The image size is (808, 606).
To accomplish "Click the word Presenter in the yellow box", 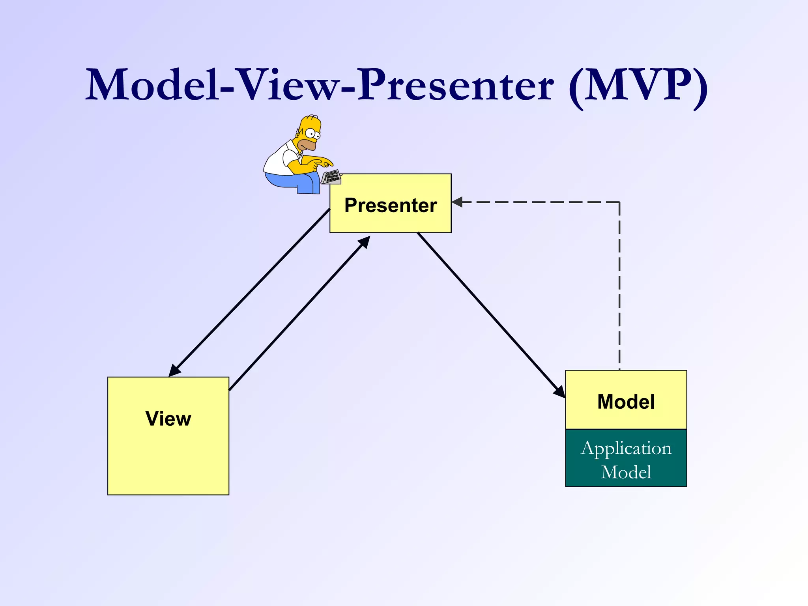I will pyautogui.click(x=391, y=206).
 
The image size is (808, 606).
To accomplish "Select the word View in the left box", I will pyautogui.click(x=168, y=419).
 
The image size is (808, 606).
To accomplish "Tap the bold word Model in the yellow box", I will pyautogui.click(x=626, y=402).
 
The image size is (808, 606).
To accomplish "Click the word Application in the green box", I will pyautogui.click(x=626, y=449).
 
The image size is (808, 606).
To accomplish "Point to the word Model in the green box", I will pyautogui.click(x=626, y=472).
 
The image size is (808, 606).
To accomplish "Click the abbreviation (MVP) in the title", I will pyautogui.click(x=638, y=86).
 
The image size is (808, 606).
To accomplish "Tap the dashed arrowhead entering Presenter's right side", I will pyautogui.click(x=457, y=202).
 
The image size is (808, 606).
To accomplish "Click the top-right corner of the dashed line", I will pyautogui.click(x=619, y=202).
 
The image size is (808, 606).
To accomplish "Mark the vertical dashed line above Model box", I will pyautogui.click(x=619, y=288).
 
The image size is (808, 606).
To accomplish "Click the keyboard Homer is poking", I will pyautogui.click(x=331, y=177).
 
